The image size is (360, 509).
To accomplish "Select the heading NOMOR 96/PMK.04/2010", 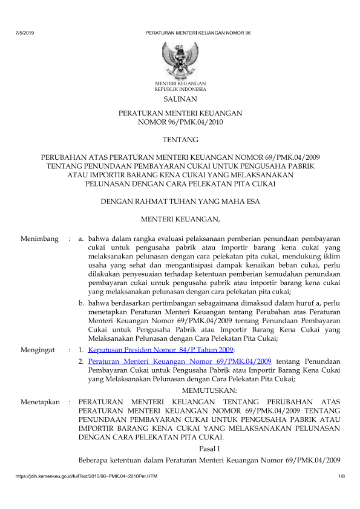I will (180, 122).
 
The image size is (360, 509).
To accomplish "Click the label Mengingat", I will (38, 350).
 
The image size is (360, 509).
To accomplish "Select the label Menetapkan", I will (39, 401).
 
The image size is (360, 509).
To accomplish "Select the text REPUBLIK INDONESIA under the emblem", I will (180, 88).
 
